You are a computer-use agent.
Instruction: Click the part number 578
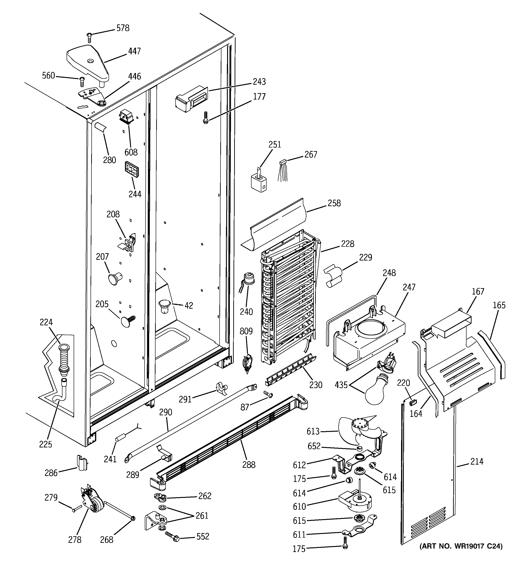(123, 28)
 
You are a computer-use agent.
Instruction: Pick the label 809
(246, 331)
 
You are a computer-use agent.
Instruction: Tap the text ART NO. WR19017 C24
(461, 546)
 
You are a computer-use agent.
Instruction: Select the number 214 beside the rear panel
(477, 462)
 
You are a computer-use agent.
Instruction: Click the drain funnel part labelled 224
(63, 358)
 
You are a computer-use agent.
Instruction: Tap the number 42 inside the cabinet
(189, 305)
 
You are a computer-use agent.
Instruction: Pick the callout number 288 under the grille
(249, 465)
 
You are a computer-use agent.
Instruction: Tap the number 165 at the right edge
(499, 305)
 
